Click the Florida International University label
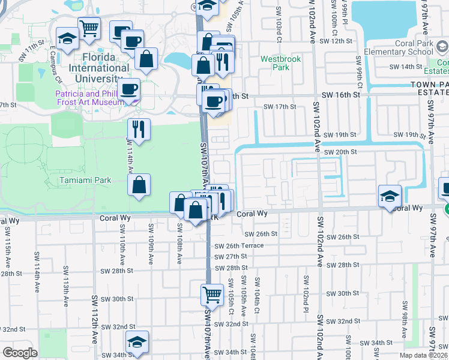(x=98, y=68)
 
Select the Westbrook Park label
(x=275, y=63)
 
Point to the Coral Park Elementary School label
(x=414, y=47)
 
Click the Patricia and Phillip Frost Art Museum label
(x=89, y=97)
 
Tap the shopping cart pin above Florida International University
(x=89, y=28)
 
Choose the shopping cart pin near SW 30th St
(x=212, y=295)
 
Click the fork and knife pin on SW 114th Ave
(x=139, y=129)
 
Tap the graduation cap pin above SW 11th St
(x=68, y=38)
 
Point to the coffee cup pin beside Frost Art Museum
(x=129, y=90)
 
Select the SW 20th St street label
(x=340, y=152)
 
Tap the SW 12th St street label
(x=336, y=41)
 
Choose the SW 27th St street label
(x=231, y=257)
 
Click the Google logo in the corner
(x=20, y=352)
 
